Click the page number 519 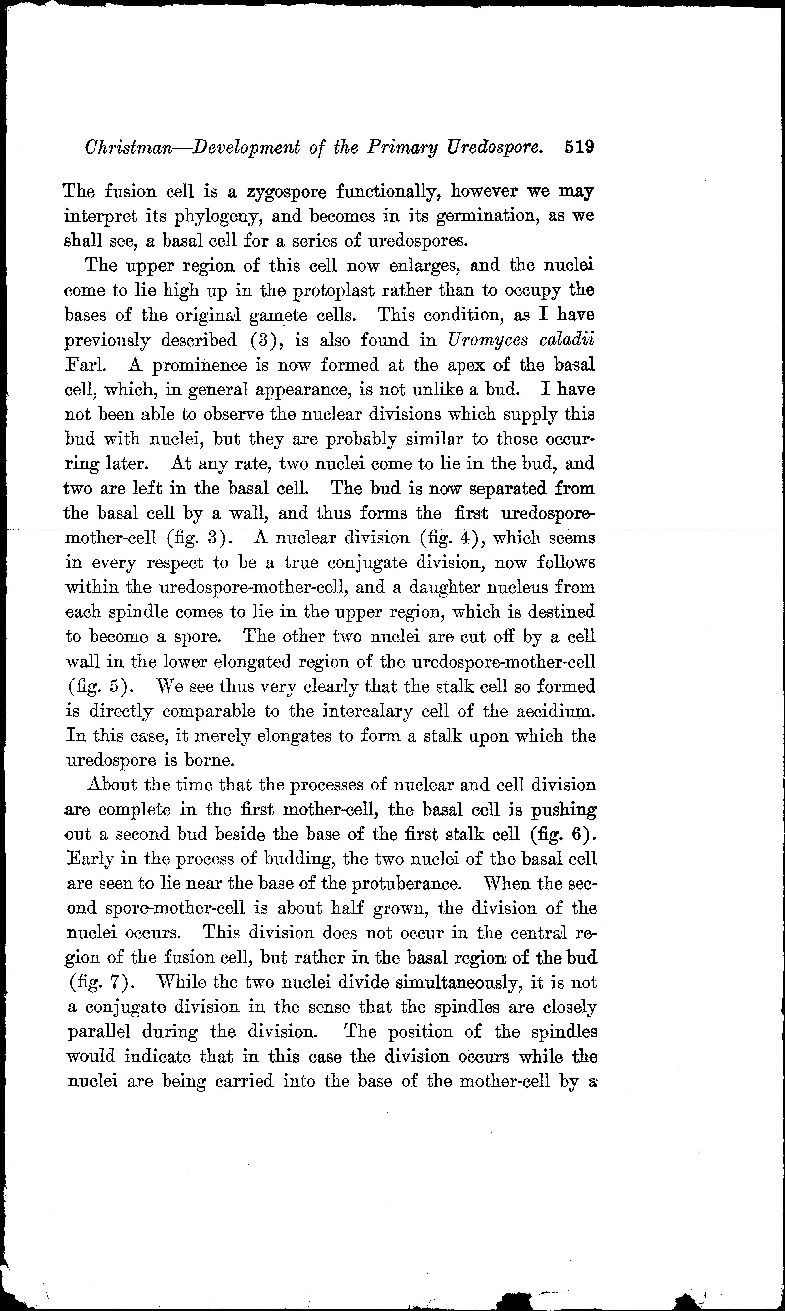tap(580, 146)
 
